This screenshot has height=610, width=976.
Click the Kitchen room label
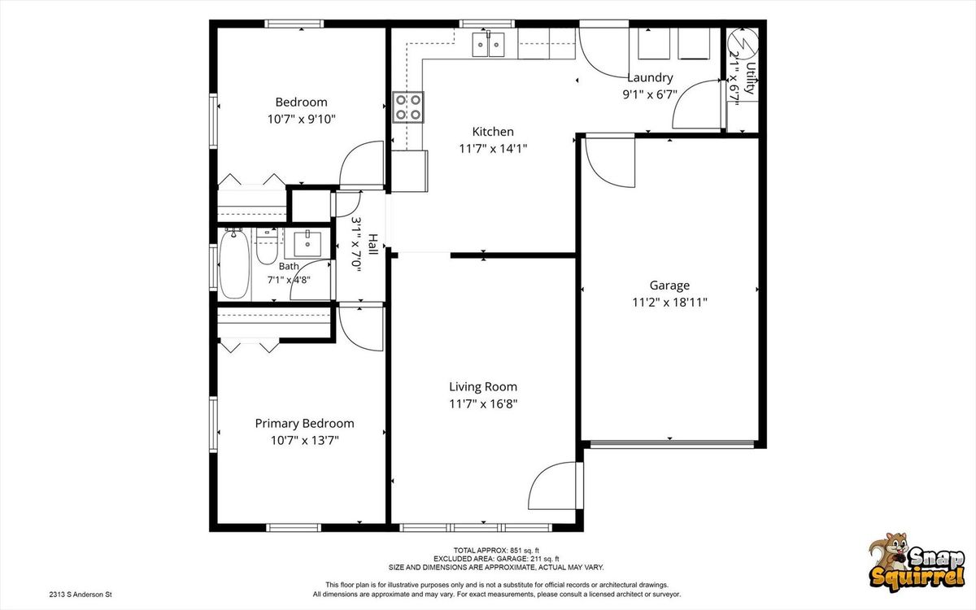[493, 132]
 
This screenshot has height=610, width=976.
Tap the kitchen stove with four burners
[408, 107]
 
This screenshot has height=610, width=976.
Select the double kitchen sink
[489, 45]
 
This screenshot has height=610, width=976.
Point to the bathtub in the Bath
[234, 264]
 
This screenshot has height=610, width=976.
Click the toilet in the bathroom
[266, 246]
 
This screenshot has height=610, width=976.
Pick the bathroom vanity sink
[307, 244]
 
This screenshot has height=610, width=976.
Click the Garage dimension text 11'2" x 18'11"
[669, 303]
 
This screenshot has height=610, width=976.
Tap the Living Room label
[483, 386]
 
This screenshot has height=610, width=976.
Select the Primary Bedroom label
[304, 424]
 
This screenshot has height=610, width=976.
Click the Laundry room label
[650, 78]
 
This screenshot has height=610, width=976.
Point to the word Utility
[750, 78]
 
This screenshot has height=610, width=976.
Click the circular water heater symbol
[743, 44]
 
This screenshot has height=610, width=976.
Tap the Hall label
[373, 245]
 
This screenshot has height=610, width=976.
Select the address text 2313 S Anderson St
[81, 595]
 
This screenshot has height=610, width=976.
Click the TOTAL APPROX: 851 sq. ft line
[496, 551]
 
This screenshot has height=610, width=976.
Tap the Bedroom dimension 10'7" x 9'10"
[302, 119]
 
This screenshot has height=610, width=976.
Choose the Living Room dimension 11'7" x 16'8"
[483, 404]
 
